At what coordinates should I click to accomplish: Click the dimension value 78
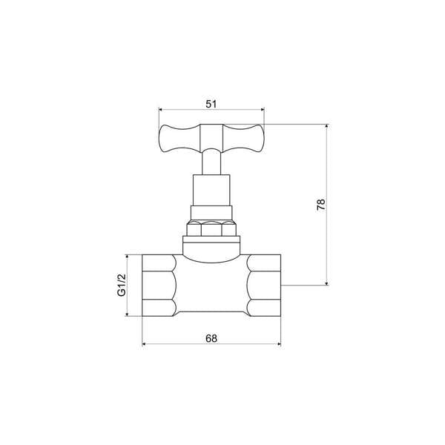320,205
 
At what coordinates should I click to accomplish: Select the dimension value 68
211,338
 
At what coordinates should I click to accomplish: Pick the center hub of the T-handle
212,136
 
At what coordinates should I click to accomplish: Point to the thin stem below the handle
212,162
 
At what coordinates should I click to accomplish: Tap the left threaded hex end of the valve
159,286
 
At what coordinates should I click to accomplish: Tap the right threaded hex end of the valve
264,286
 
